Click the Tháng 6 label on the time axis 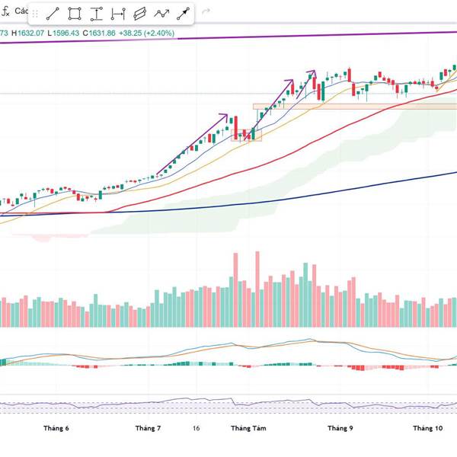pos(57,428)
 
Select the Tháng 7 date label pos(148,428)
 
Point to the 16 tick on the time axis pos(197,428)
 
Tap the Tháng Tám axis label pos(248,428)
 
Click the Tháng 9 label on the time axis pos(340,428)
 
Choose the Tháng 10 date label pos(427,428)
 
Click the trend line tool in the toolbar pos(53,14)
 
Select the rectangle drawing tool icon pos(75,14)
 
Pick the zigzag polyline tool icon pos(161,14)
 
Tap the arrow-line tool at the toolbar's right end pos(184,14)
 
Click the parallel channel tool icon pos(139,14)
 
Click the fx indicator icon pos(6,11)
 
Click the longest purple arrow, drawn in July pos(192,145)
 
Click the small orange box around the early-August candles pos(246,136)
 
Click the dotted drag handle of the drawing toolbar pos(35,14)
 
